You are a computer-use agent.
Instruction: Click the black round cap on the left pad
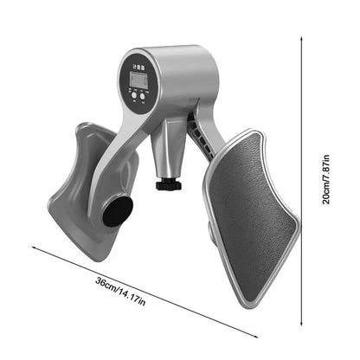point(118,210)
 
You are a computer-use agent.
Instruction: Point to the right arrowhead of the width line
point(256,337)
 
